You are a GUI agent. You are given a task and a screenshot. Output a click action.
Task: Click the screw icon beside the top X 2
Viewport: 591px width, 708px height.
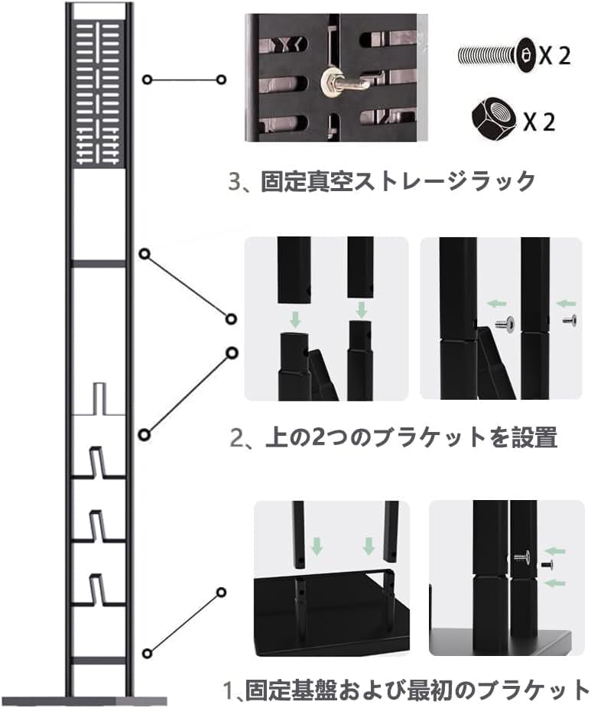(x=496, y=55)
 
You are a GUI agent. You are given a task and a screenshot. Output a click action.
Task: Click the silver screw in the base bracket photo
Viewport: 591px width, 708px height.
(x=521, y=556)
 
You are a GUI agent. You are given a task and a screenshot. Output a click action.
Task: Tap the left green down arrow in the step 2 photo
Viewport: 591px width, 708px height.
(x=293, y=316)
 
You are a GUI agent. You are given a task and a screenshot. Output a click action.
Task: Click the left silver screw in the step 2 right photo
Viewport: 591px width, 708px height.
(x=502, y=323)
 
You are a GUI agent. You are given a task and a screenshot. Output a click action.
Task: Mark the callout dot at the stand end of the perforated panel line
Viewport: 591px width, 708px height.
(x=147, y=80)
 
